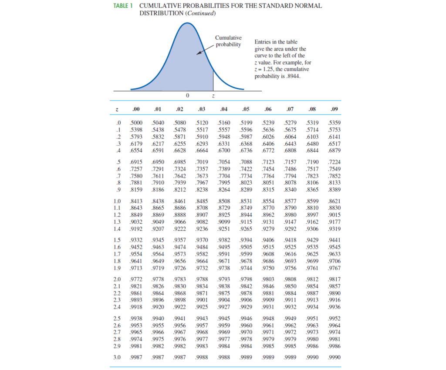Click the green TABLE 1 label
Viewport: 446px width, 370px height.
pyautogui.click(x=122, y=6)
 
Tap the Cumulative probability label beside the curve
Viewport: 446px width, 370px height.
pyautogui.click(x=228, y=42)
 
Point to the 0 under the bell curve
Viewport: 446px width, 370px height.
pyautogui.click(x=187, y=95)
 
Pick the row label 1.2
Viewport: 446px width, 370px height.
pyautogui.click(x=117, y=215)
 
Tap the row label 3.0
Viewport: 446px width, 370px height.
pyautogui.click(x=117, y=357)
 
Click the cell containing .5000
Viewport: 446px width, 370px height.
pyautogui.click(x=136, y=123)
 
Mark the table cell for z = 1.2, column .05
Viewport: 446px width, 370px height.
pyautogui.click(x=246, y=215)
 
